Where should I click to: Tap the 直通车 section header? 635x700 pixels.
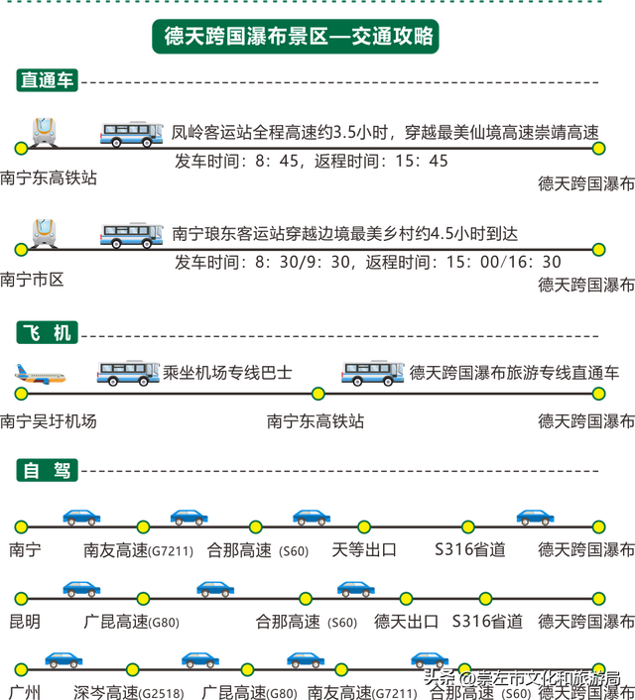point(47,81)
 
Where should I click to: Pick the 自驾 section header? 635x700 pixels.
point(47,470)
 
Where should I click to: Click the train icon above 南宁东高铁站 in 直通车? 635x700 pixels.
point(44,129)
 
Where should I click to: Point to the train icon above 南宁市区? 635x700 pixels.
point(44,231)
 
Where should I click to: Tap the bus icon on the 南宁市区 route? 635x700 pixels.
point(131,234)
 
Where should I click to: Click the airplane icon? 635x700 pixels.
point(41,374)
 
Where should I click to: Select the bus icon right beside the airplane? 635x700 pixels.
point(127,372)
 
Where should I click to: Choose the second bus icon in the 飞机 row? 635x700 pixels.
point(372,372)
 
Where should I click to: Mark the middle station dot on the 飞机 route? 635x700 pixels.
point(317,394)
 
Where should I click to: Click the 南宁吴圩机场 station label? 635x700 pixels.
point(50,420)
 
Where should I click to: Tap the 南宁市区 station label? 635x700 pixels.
point(33,281)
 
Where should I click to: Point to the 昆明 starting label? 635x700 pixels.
point(24,623)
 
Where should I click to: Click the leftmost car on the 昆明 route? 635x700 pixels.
point(81,588)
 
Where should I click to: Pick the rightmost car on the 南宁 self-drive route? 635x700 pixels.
point(535,516)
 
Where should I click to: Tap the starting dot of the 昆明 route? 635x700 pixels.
point(21,599)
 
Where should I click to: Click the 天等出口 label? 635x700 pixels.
point(364,548)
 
